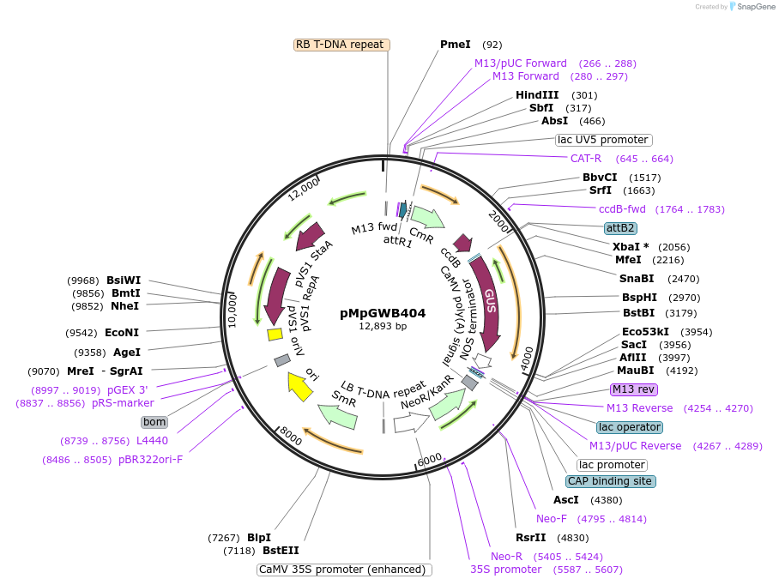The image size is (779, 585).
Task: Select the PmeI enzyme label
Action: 456,45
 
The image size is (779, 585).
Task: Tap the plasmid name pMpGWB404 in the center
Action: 383,313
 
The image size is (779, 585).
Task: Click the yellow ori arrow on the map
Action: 299,387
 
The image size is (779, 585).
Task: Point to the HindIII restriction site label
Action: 537,95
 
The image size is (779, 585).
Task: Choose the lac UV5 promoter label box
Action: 603,140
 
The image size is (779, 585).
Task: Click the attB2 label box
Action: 620,228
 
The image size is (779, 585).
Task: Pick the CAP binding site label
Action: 610,481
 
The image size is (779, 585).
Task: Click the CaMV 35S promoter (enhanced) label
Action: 343,570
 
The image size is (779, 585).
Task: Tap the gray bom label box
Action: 154,422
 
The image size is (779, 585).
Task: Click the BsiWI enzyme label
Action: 124,280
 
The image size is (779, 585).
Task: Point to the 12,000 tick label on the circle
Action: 304,189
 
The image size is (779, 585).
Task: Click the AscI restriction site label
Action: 566,500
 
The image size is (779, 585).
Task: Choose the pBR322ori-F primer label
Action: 151,459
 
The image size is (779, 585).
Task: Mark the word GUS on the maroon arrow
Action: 491,300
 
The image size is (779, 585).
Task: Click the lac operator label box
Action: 630,427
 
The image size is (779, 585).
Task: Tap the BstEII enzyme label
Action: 281,551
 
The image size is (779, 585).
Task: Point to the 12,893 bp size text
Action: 383,326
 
